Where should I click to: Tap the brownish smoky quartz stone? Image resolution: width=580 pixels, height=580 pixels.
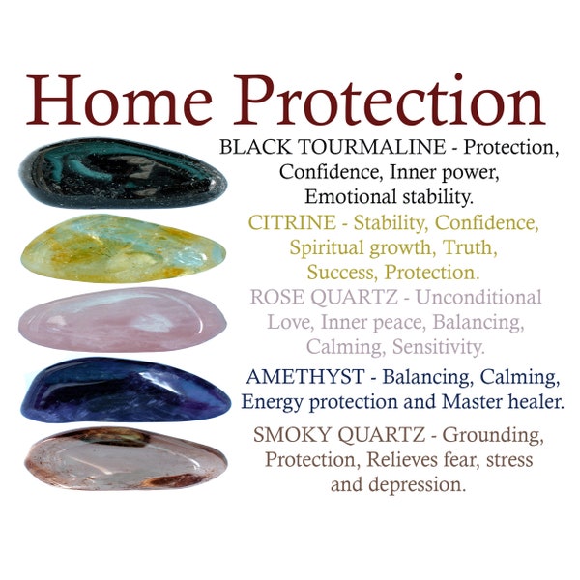coord(126,458)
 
